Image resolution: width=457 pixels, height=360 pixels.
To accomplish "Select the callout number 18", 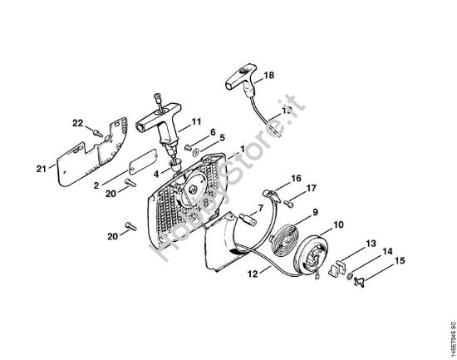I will point(268,76).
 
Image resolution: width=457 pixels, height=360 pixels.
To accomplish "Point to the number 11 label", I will point(197,122).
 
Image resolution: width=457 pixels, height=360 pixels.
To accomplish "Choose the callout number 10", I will point(339,224).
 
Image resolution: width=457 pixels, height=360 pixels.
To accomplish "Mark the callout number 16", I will point(295,179).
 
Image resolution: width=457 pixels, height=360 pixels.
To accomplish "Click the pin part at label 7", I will point(247,220).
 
